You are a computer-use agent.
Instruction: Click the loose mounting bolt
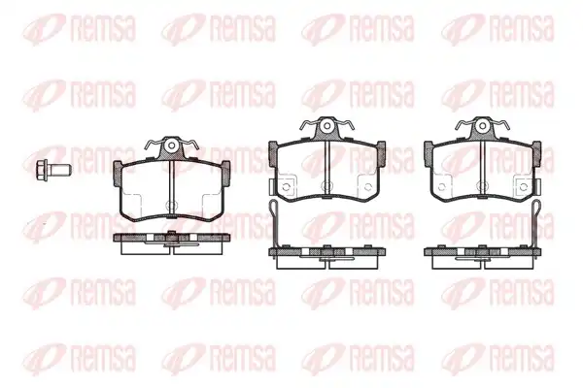[53, 170]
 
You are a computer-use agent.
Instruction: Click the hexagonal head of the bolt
[42, 170]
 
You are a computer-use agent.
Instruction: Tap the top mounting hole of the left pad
[171, 145]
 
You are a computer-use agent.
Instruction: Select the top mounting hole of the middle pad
[326, 125]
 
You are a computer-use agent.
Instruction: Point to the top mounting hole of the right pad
[482, 125]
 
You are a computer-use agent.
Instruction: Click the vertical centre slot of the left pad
[171, 189]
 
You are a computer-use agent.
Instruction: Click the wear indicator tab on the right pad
[537, 186]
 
